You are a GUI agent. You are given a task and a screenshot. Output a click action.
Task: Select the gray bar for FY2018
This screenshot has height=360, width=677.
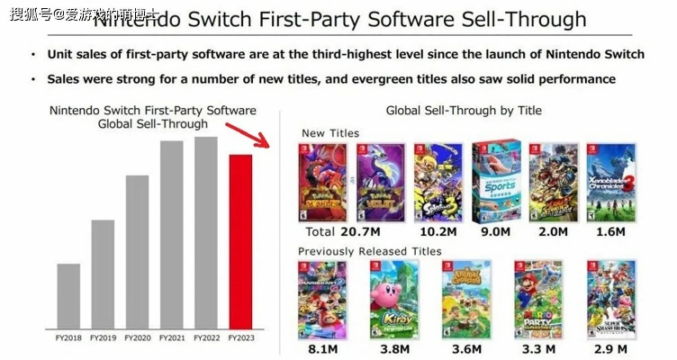point(68,296)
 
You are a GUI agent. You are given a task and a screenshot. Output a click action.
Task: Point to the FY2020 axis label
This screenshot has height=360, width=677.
point(137,337)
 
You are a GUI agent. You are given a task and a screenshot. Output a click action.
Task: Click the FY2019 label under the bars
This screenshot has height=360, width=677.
point(103,337)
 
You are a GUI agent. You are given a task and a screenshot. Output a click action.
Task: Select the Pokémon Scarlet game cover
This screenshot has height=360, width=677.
point(324,182)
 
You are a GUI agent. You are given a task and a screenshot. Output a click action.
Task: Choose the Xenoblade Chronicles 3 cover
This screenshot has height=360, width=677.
point(611,182)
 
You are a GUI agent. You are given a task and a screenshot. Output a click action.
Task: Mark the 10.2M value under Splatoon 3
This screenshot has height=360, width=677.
point(439,232)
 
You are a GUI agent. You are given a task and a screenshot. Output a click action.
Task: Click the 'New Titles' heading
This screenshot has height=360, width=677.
point(330,133)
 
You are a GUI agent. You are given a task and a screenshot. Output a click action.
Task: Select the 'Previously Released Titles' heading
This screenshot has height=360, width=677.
point(371,251)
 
